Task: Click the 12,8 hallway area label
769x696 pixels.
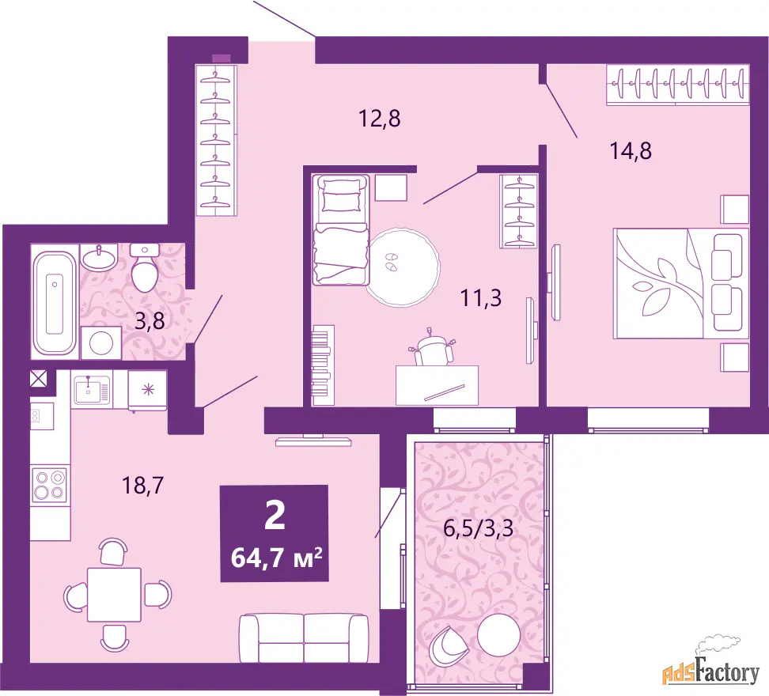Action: coord(380,118)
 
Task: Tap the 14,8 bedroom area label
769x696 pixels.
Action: coord(631,150)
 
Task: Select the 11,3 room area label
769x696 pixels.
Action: coord(481,297)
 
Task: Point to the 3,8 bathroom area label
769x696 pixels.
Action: coord(150,322)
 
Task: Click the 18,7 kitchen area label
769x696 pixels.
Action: coord(142,486)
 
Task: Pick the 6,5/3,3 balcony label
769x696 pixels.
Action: coord(478,528)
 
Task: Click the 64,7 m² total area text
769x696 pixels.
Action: coord(276,557)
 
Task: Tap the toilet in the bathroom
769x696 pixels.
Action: coord(144,267)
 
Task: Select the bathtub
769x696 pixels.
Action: coord(54,303)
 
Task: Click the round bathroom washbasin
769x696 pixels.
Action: coord(99,257)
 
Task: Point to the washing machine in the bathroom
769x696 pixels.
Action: coord(101,342)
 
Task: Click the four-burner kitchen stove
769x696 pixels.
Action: coord(49,486)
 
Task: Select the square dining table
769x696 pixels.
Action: coord(114,595)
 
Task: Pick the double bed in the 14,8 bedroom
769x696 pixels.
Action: coord(680,283)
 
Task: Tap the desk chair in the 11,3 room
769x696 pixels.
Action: coord(432,347)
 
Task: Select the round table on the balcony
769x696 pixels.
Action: coord(498,635)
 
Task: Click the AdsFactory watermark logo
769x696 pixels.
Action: coord(711,668)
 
